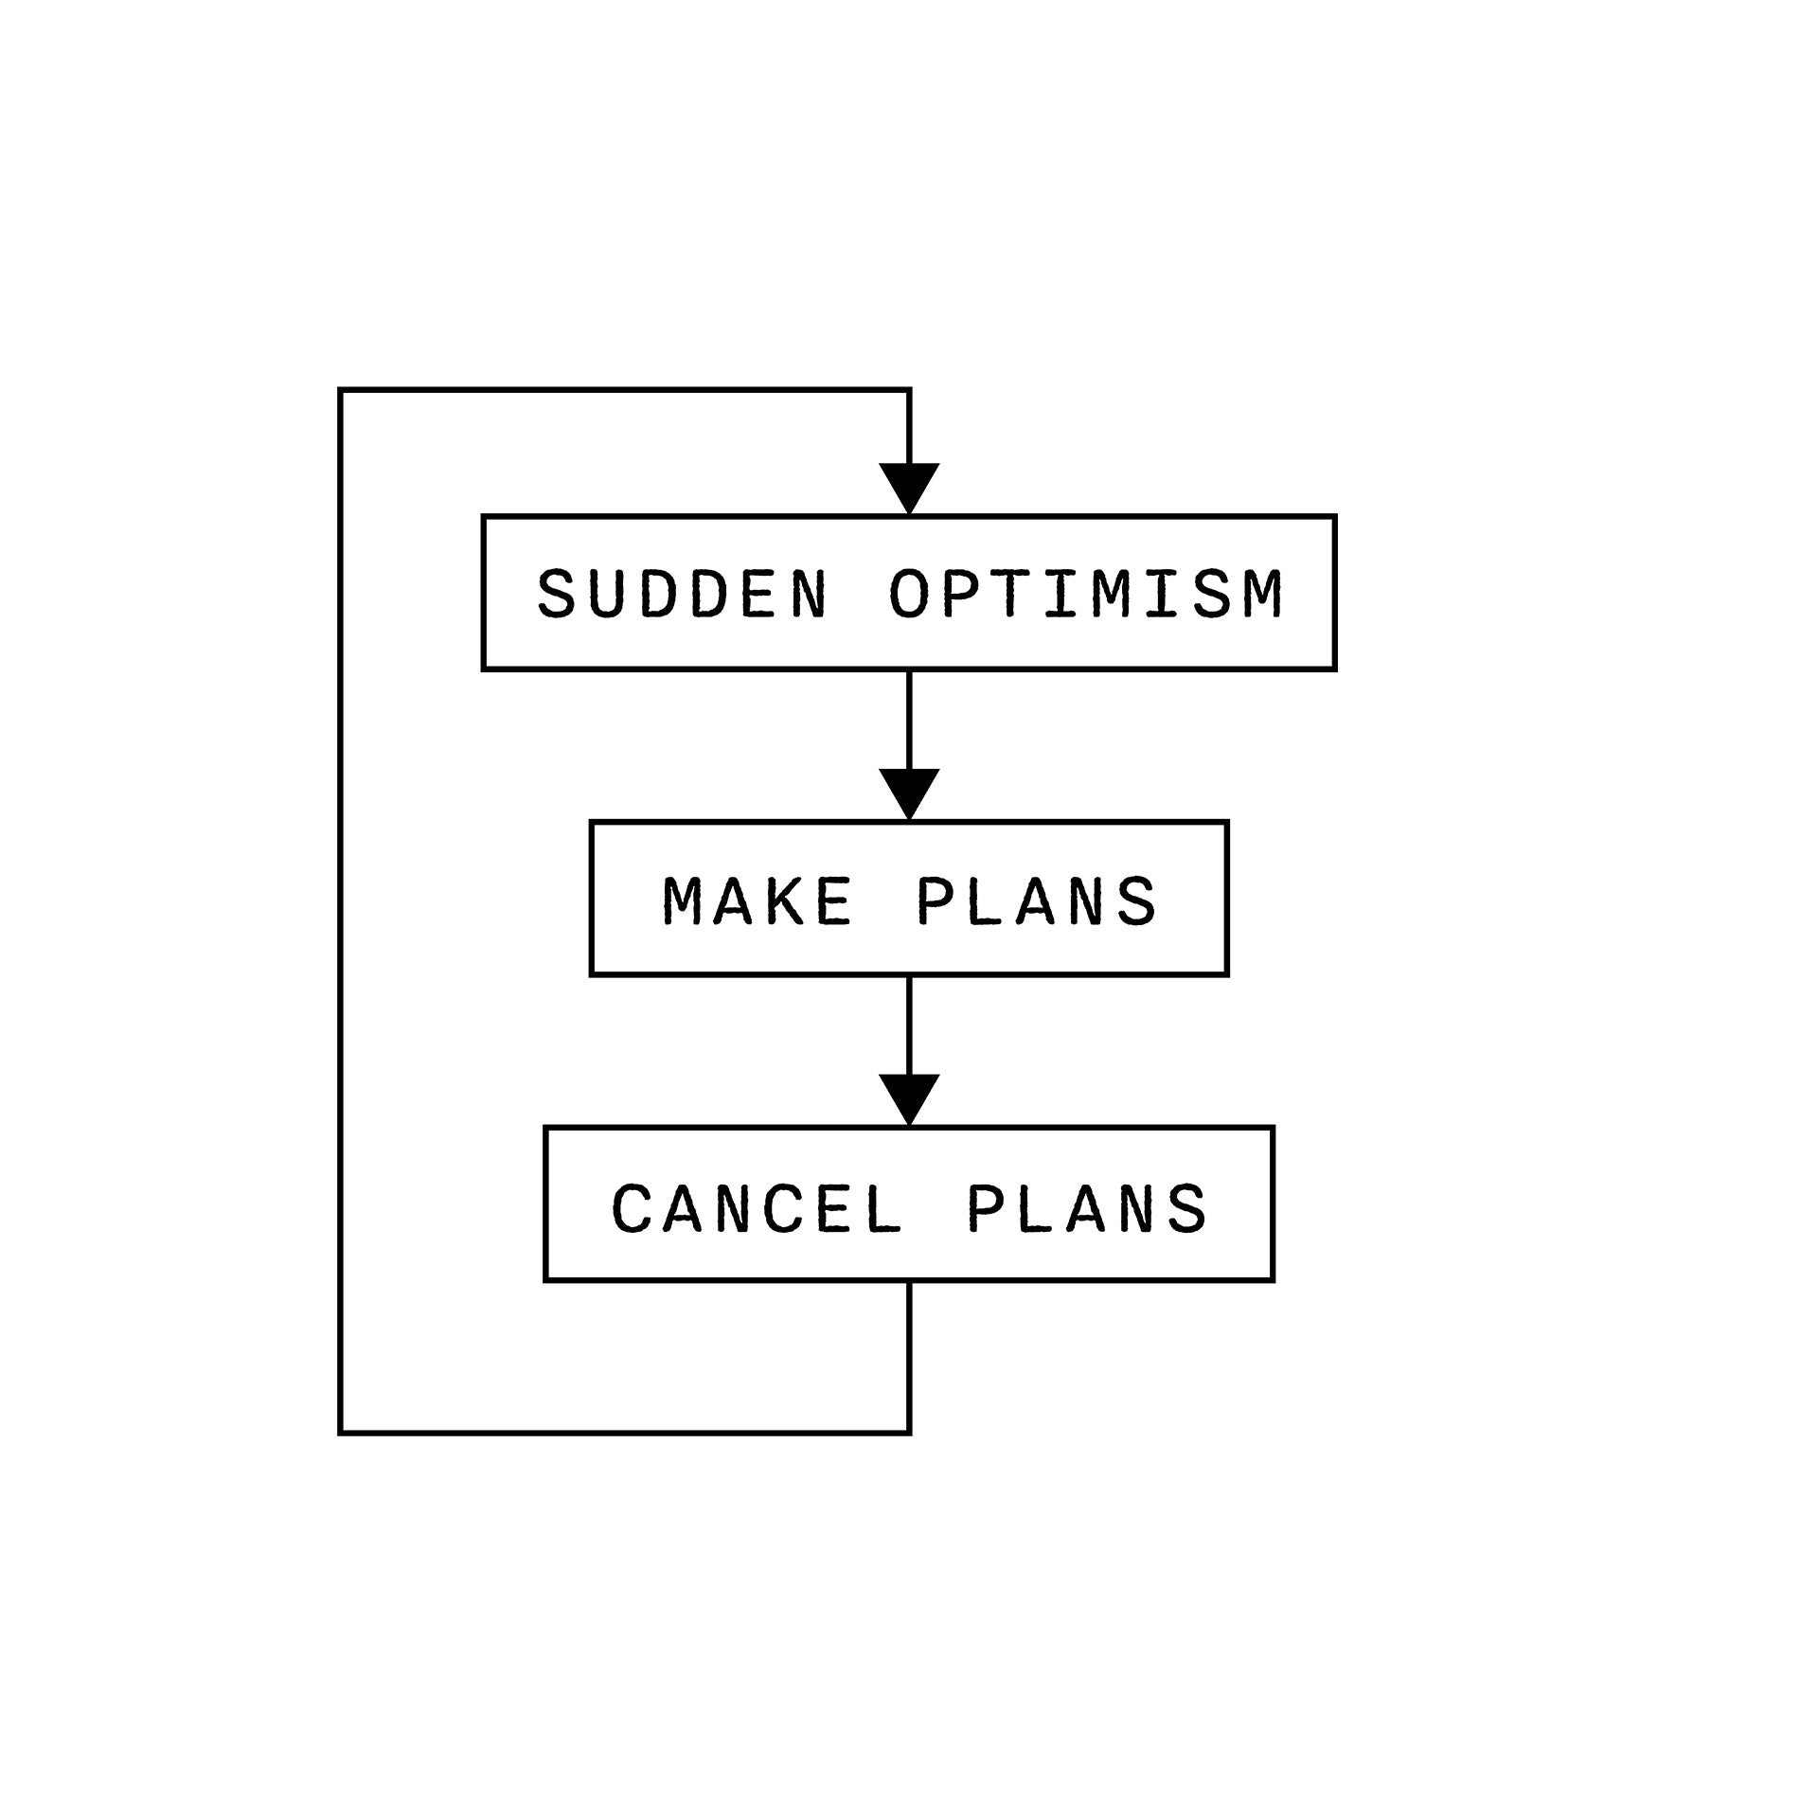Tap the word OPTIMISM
pyautogui.click(x=1085, y=594)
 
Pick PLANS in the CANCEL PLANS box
pyautogui.click(x=1086, y=1208)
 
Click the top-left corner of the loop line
pyautogui.click(x=341, y=389)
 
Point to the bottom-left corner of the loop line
pyautogui.click(x=341, y=1433)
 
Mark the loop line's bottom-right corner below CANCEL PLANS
pyautogui.click(x=909, y=1433)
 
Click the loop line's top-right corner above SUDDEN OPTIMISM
pyautogui.click(x=909, y=389)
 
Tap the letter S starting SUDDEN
pyautogui.click(x=557, y=594)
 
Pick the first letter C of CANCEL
pyautogui.click(x=632, y=1208)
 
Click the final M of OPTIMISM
pyautogui.click(x=1262, y=594)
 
